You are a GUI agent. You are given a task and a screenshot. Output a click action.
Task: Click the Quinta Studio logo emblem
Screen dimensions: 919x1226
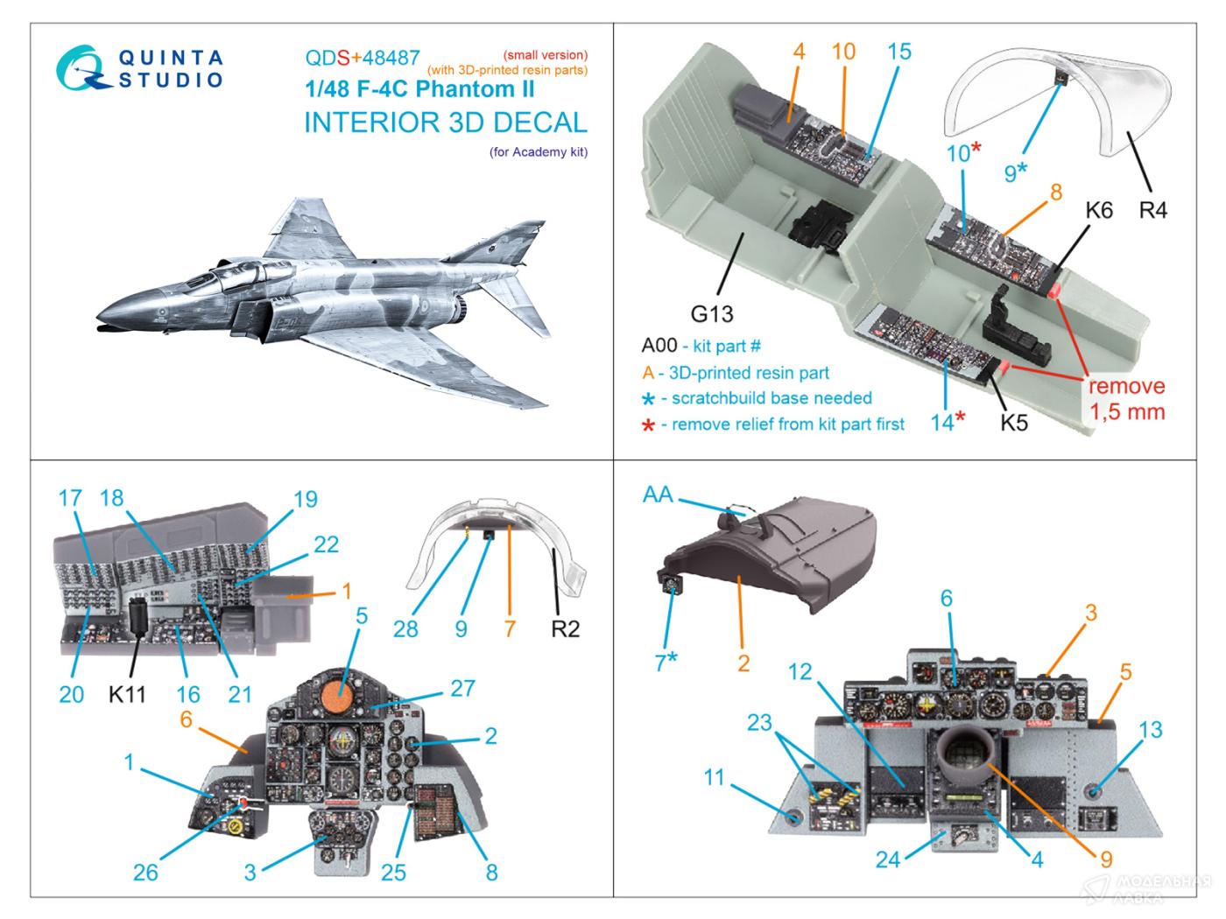(81, 69)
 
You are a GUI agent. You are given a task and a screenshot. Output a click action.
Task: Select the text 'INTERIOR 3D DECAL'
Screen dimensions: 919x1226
(445, 123)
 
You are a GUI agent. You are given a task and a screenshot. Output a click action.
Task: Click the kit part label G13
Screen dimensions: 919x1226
(711, 313)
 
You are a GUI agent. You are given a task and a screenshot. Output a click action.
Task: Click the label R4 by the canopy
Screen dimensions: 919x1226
(1152, 210)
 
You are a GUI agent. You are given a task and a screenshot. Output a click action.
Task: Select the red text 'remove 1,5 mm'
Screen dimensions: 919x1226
(1127, 399)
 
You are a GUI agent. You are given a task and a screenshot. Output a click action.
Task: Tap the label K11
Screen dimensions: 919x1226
(127, 694)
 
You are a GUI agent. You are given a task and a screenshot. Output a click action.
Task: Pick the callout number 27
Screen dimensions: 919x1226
(462, 688)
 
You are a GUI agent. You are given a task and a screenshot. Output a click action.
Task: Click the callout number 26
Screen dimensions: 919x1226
(145, 872)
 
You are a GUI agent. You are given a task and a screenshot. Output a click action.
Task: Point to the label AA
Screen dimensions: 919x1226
(658, 495)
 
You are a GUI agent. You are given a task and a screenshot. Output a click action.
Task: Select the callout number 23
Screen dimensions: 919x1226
(759, 722)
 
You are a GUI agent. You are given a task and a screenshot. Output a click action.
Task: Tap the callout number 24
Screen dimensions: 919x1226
(887, 859)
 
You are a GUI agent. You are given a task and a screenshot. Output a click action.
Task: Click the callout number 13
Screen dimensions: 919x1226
(1150, 729)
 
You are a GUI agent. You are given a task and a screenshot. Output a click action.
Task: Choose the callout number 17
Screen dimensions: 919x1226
(70, 498)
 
